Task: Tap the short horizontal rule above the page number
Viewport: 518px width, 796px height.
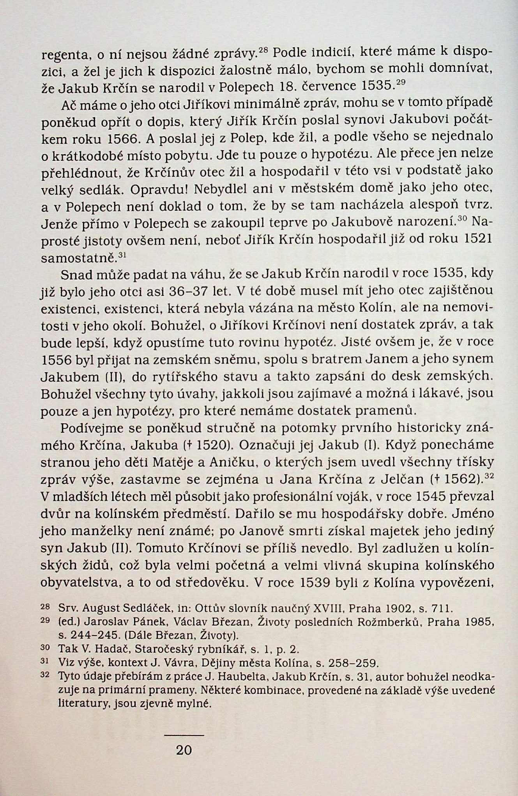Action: click(184, 736)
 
